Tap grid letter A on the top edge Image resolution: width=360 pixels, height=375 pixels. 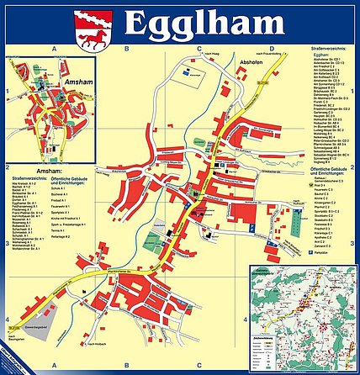click(x=56, y=50)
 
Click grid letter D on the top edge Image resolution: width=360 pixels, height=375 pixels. click(x=270, y=50)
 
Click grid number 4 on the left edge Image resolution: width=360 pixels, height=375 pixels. click(x=8, y=319)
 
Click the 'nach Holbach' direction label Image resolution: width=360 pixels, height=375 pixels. click(x=124, y=346)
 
